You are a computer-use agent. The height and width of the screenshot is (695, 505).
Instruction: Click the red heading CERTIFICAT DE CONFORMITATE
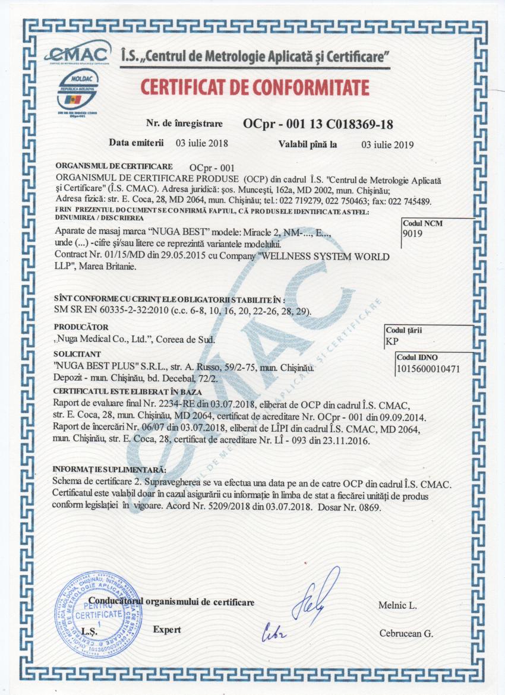tap(255, 87)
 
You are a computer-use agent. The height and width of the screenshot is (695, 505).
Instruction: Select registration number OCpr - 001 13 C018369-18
tap(317, 124)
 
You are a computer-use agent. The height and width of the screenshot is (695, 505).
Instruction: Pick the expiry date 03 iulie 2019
tap(387, 144)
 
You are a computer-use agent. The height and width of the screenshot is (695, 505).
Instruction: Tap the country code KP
tap(392, 341)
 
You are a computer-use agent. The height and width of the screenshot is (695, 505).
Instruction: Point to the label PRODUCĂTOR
tap(81, 327)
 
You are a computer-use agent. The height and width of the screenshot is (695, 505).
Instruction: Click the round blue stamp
tap(99, 614)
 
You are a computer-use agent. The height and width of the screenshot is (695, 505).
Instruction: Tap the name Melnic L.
tap(397, 605)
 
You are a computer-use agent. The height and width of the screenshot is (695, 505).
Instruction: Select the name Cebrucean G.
tap(406, 633)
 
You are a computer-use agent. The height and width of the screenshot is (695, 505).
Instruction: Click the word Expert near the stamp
tap(167, 629)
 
